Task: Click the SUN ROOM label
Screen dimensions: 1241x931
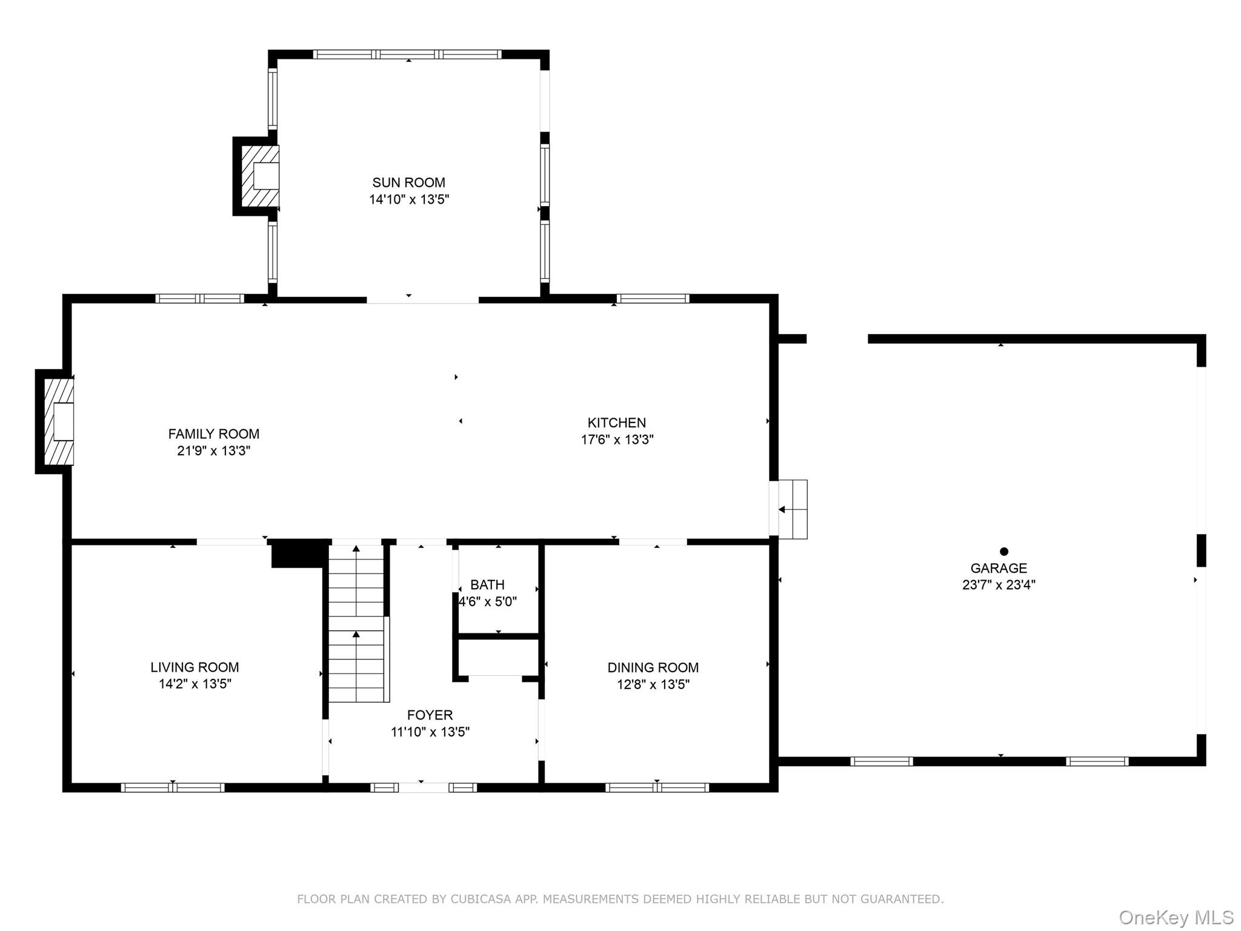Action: point(408,182)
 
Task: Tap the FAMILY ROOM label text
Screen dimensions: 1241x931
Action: point(213,434)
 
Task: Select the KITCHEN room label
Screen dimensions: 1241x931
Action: point(616,423)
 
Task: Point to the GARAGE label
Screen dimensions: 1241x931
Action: point(999,569)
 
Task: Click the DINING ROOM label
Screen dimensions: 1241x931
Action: point(653,668)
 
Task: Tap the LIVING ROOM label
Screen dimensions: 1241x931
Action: point(195,667)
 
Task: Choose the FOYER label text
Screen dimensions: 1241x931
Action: point(430,715)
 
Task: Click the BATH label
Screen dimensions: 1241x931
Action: point(487,585)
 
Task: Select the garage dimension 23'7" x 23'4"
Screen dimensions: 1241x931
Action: point(999,585)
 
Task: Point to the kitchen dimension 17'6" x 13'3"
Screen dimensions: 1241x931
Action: point(617,439)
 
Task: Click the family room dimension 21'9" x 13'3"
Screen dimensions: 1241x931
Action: point(213,451)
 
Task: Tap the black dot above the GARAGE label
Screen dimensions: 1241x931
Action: point(1004,552)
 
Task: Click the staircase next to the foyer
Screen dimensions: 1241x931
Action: point(357,623)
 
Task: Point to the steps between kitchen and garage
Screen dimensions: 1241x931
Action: point(789,509)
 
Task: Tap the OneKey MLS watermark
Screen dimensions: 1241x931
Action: point(1176,918)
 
